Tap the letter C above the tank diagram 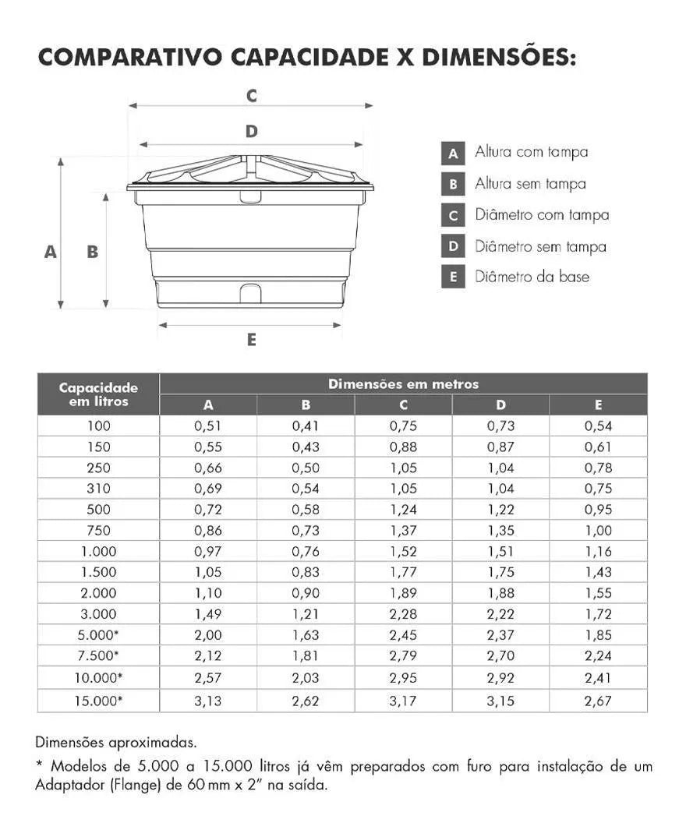251,96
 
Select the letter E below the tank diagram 251,340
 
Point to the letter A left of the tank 51,252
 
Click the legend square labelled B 453,185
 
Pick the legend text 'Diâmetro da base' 532,277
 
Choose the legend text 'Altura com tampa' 531,152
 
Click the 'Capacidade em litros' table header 98,394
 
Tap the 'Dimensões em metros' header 403,384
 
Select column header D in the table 500,404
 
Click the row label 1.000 98,551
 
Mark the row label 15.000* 98,701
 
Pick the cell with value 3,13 208,701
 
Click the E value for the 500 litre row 598,510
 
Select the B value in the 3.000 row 306,614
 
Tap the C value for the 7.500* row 403,655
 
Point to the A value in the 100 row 208,426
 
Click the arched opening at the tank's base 250,294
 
